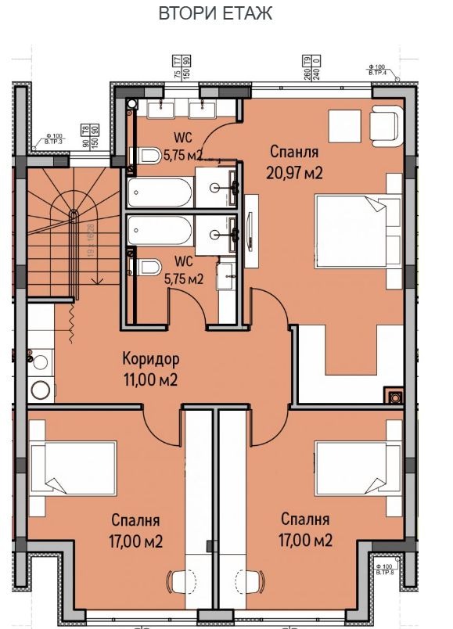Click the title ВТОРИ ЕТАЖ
pos(215,13)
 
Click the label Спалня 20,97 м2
pos(296,161)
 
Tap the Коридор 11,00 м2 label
pos(151,369)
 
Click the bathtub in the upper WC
pos(160,192)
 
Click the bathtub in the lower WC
pos(160,230)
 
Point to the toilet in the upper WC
pos(146,156)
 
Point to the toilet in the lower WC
pos(146,268)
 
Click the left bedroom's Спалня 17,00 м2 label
pos(135,530)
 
